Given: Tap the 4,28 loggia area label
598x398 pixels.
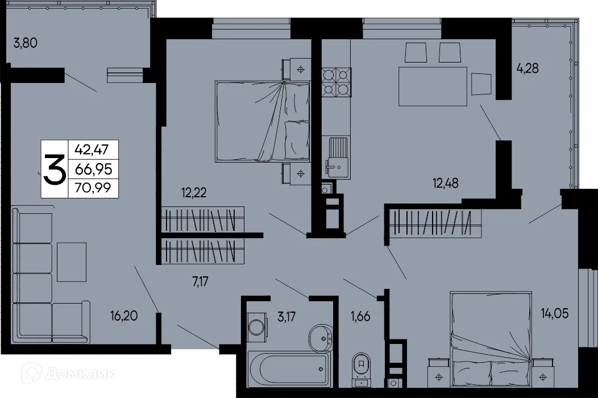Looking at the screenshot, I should (527, 68).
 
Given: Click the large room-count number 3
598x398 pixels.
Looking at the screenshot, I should (54, 169).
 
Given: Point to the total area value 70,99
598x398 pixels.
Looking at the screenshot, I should (93, 186).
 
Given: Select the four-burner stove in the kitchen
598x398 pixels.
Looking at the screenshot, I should (336, 81).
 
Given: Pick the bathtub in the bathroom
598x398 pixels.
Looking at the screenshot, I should (289, 369).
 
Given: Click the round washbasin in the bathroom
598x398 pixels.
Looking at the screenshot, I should (322, 338).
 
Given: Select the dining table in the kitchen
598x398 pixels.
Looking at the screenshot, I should (433, 86).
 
